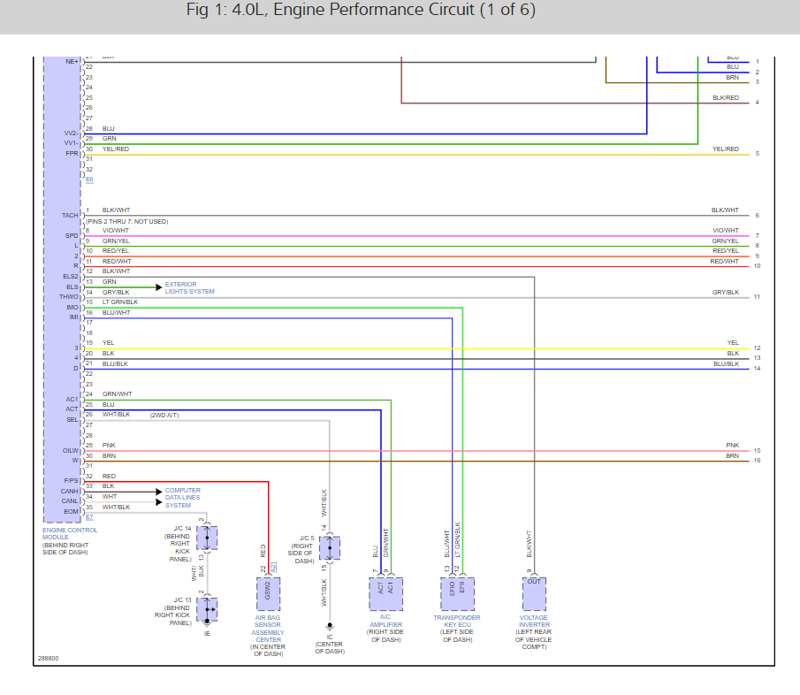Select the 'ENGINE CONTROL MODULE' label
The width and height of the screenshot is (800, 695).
pos(70,534)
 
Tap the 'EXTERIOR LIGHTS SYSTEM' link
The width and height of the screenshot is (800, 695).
pos(189,287)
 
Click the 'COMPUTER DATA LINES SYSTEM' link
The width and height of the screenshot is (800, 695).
pos(183,498)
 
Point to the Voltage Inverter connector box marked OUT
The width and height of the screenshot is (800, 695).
pos(534,593)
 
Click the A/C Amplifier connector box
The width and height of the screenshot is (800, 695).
pos(385,593)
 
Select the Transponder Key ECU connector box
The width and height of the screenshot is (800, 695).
pos(457,593)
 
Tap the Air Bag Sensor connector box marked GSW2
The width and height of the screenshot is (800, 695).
pos(268,593)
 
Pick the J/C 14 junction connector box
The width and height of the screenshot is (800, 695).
pos(207,537)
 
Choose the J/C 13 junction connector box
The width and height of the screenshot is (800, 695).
pos(207,609)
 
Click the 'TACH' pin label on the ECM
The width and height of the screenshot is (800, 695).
pos(71,215)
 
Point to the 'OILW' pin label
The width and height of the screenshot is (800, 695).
pos(72,451)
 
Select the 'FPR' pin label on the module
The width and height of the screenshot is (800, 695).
pos(72,153)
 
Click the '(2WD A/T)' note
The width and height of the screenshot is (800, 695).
pos(164,415)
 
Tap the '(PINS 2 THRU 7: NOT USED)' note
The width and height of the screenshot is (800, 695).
pos(126,221)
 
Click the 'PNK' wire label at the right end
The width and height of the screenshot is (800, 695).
pos(732,446)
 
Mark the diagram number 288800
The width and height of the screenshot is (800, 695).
pos(48,659)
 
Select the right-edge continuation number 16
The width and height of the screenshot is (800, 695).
pos(758,461)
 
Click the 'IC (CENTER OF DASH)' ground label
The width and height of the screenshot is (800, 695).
pos(330,644)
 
